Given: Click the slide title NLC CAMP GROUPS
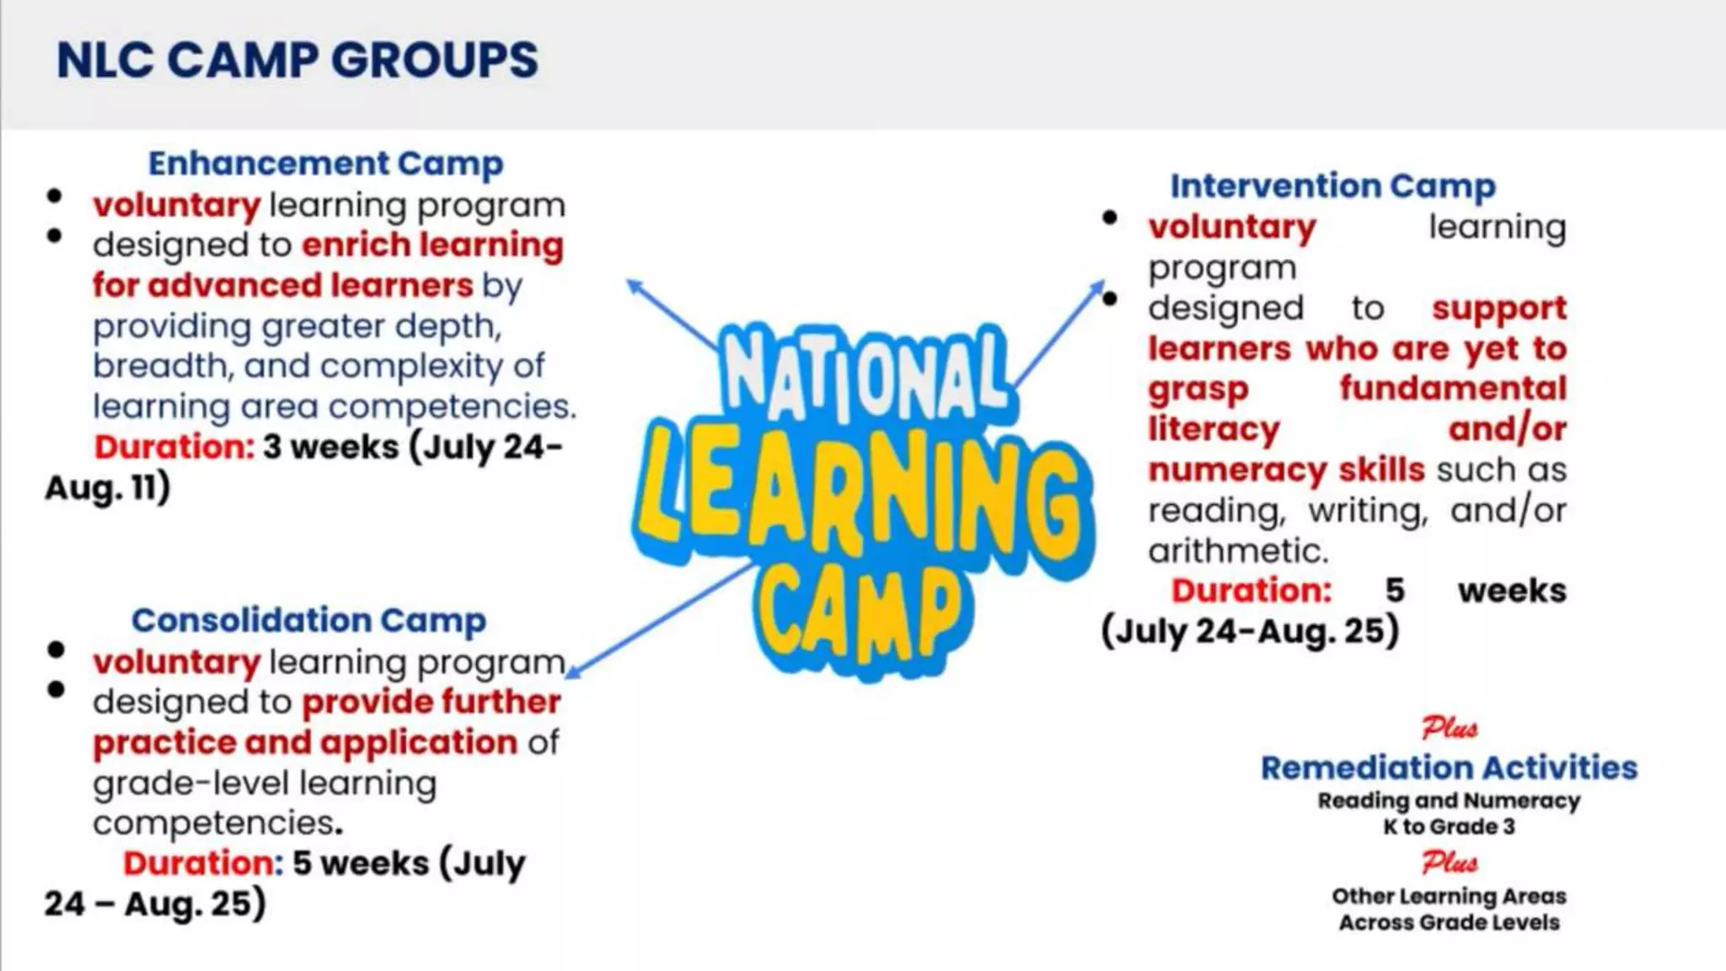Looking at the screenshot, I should point(297,61).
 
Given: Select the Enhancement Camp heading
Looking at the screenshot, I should point(325,164).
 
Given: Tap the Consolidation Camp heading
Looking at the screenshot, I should point(308,620).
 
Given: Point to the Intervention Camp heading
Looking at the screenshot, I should point(1332,186).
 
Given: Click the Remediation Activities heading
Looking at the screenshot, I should point(1449,768).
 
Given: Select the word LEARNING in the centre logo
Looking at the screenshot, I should point(864,497).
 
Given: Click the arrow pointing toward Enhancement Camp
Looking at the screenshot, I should point(670,313).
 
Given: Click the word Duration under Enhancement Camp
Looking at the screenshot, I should point(174,447).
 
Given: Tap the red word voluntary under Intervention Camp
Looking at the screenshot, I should point(1231,228).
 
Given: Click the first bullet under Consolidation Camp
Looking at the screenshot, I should point(56,650).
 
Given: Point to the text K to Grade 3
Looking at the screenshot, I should point(1449,827).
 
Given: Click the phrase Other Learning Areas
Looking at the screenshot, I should point(1449,896).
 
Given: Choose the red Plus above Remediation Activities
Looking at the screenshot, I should point(1449,727).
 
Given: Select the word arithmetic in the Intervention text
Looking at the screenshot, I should point(1237,551).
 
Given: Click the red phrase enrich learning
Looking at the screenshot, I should point(432,245).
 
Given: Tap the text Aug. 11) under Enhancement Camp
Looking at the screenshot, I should point(107,488).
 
